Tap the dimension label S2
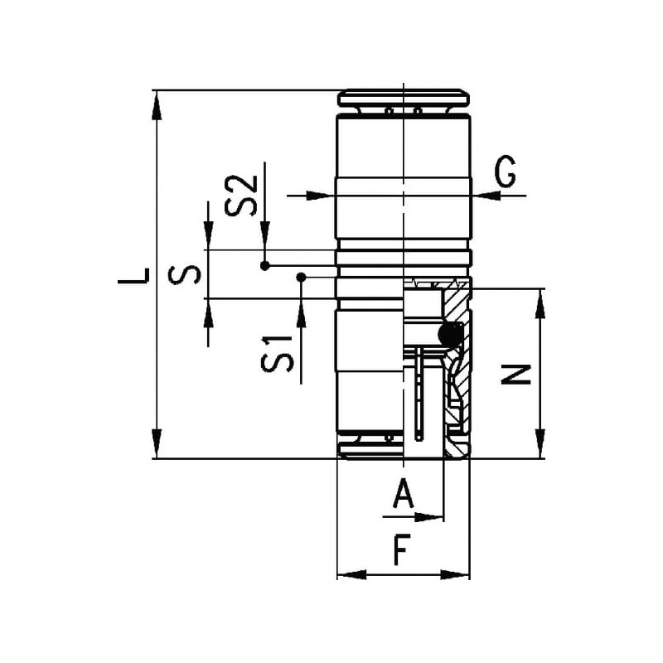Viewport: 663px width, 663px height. pos(241,196)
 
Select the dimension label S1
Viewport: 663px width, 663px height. pos(278,354)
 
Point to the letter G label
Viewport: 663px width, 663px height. pos(505,171)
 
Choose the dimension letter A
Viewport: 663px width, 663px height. pos(404,493)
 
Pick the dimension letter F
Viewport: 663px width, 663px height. pos(402,549)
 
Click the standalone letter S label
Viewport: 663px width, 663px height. pos(184,275)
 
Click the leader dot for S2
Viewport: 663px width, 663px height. pos(264,266)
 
